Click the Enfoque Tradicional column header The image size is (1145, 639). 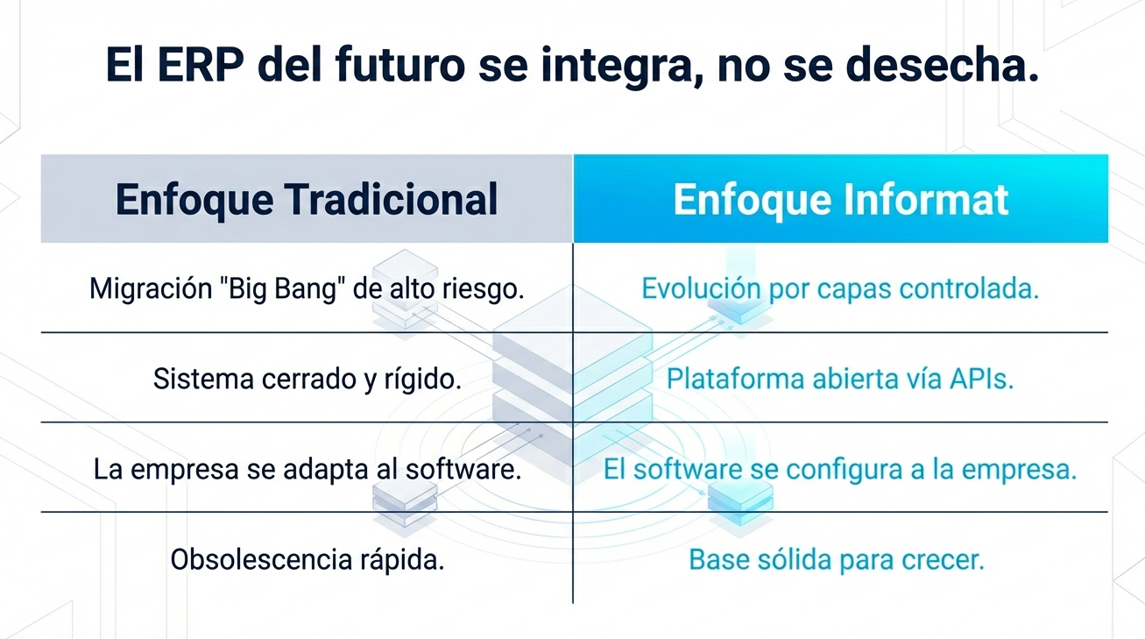pos(307,199)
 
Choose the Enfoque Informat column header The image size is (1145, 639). pos(840,199)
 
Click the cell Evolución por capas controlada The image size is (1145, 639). pos(840,288)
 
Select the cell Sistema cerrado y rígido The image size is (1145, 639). pos(307,379)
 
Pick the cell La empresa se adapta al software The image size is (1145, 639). pos(307,469)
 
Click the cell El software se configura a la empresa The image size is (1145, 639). pos(840,469)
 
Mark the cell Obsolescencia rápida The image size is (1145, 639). pos(307,559)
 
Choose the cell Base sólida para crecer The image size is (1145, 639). pos(837,559)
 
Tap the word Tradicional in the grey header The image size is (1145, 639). pos(392,199)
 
